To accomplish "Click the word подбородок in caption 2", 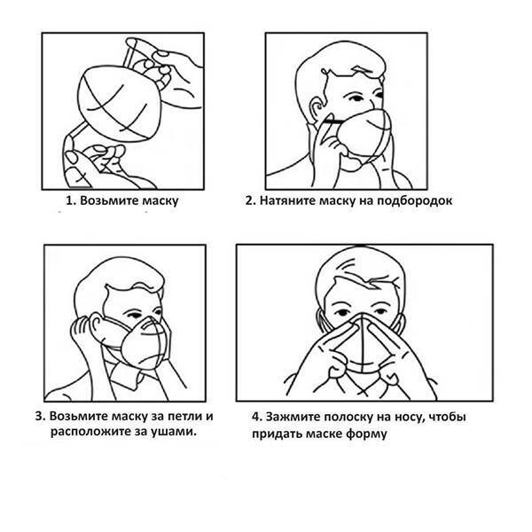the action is (415, 200).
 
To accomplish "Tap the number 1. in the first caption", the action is (71, 200).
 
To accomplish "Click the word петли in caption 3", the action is (185, 416).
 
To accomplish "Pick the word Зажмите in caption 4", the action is (292, 417).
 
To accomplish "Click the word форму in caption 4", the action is (366, 434).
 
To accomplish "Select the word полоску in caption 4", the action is (348, 417).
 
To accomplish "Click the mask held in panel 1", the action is (120, 104).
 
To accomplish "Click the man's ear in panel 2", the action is (317, 109).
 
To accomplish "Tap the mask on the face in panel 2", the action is (363, 137).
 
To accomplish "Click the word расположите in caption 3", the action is (90, 433).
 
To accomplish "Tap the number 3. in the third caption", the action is (41, 416).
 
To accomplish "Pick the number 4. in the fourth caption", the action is (257, 417).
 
